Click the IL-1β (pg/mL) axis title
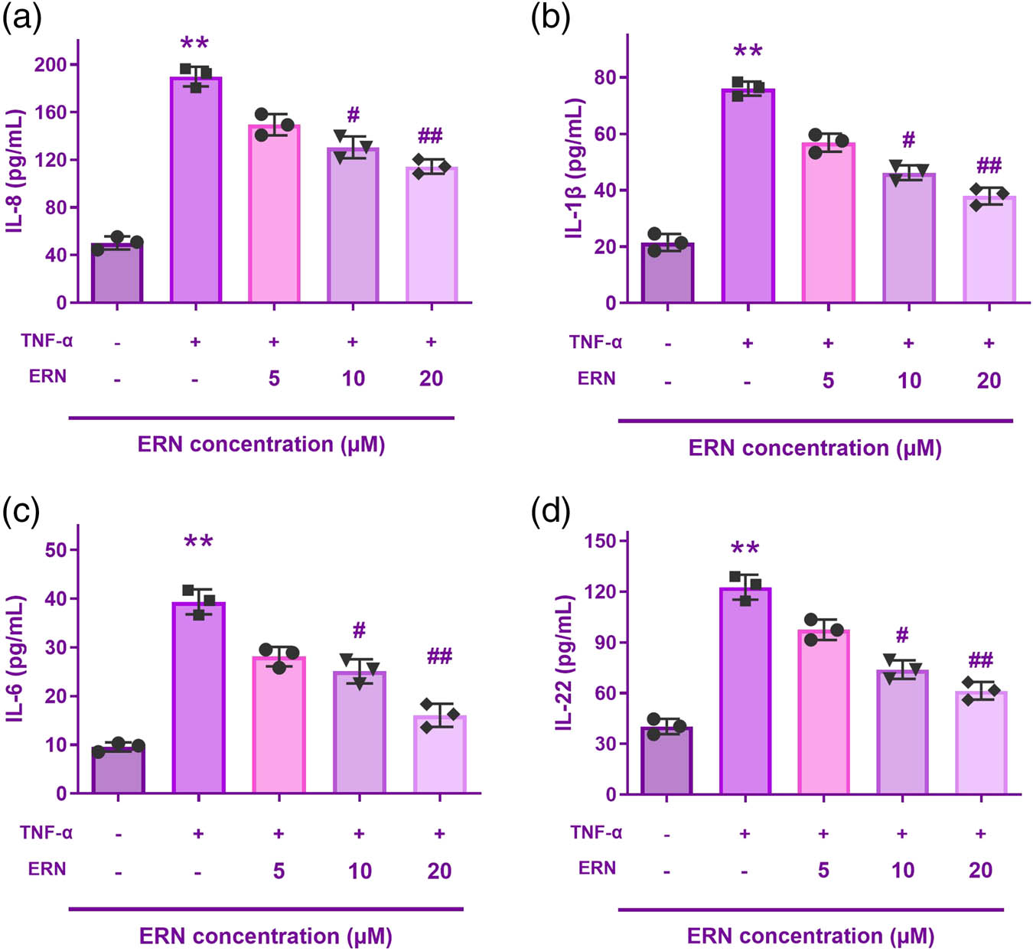tap(575, 168)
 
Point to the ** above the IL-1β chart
tap(748, 52)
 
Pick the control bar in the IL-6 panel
tap(118, 770)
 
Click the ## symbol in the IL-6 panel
tap(439, 656)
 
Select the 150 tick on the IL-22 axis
tap(600, 541)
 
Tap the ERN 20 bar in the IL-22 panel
tap(981, 742)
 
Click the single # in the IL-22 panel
tap(902, 634)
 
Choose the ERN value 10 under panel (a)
tap(353, 378)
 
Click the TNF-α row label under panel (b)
tap(595, 342)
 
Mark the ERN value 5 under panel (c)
tap(279, 870)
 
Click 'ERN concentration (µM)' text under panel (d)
tap(810, 936)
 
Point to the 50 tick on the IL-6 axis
tap(56, 549)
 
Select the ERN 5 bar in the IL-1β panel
tap(828, 223)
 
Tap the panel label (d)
tap(550, 512)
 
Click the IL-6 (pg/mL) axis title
tap(17, 658)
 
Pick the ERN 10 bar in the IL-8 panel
tap(353, 225)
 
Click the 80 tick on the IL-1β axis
tap(605, 77)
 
